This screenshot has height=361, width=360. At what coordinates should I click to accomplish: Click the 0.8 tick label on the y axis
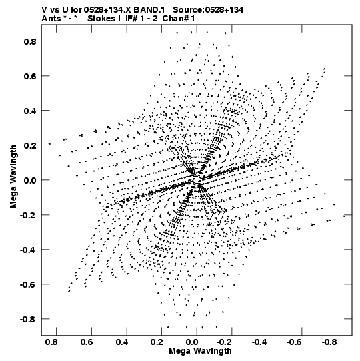pyautogui.click(x=30, y=41)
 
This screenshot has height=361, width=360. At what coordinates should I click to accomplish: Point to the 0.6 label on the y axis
pyautogui.click(x=30, y=76)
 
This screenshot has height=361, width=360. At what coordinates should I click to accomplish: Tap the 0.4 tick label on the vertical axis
pyautogui.click(x=30, y=111)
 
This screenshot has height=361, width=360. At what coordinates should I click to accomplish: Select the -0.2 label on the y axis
pyautogui.click(x=28, y=216)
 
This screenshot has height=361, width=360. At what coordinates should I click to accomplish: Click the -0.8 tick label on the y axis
pyautogui.click(x=28, y=320)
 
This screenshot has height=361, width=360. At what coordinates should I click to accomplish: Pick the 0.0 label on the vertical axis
pyautogui.click(x=30, y=180)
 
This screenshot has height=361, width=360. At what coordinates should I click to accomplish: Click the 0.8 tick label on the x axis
pyautogui.click(x=51, y=342)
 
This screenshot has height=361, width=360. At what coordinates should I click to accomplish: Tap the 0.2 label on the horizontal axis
pyautogui.click(x=157, y=342)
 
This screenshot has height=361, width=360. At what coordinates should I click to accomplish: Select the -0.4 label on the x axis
pyautogui.click(x=259, y=342)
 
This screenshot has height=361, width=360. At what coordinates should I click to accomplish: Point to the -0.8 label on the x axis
pyautogui.click(x=329, y=342)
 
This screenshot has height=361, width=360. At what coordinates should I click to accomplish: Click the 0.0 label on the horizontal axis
pyautogui.click(x=192, y=342)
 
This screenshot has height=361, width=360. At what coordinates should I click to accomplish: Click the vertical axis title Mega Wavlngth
pyautogui.click(x=13, y=176)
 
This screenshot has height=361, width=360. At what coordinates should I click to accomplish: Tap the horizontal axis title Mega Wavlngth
pyautogui.click(x=200, y=351)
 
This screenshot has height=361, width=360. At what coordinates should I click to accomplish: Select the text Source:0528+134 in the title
pyautogui.click(x=208, y=10)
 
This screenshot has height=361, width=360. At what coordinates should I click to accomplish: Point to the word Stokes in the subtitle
pyautogui.click(x=101, y=19)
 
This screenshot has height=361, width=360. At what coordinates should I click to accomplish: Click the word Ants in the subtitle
pyautogui.click(x=51, y=19)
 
